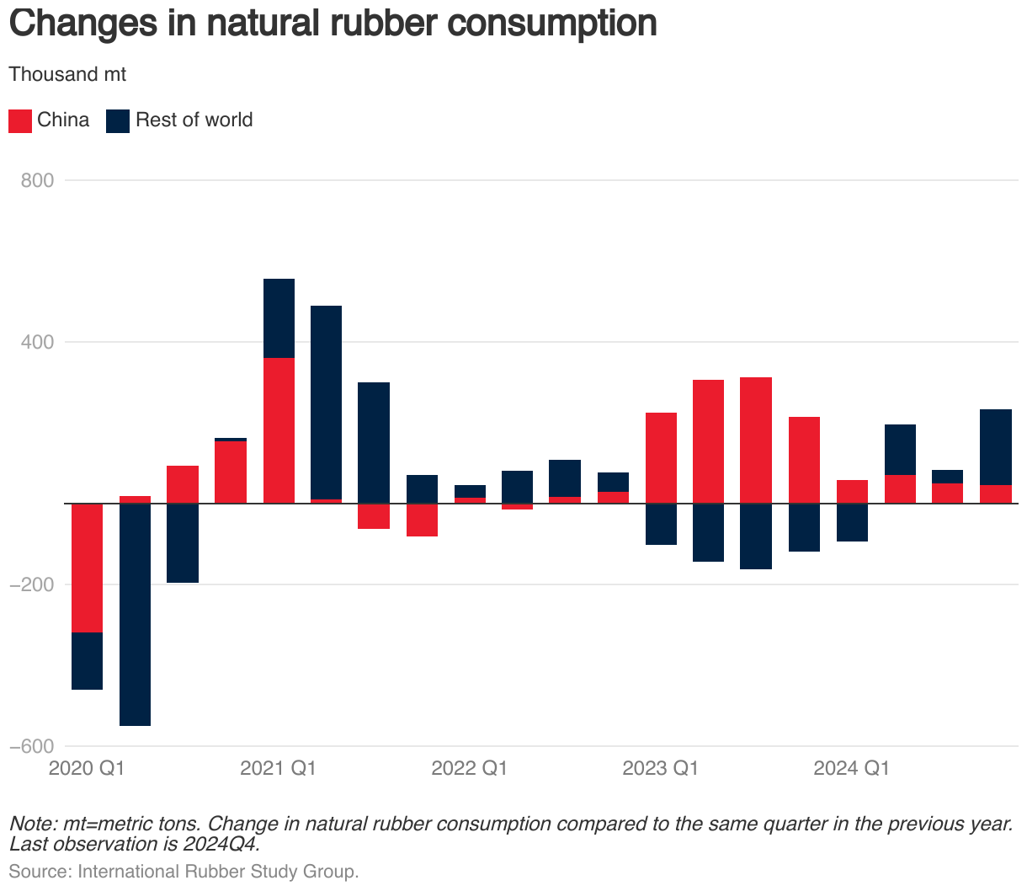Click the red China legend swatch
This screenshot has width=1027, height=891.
(20, 120)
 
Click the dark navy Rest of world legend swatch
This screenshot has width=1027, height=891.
(118, 120)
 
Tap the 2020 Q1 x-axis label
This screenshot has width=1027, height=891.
(87, 768)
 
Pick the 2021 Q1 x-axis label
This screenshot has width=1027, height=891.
(278, 768)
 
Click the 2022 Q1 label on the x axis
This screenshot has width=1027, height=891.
(469, 768)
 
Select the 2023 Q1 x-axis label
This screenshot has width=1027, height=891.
(660, 768)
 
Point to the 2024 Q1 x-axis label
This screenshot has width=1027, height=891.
(851, 768)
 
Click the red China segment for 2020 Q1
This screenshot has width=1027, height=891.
(87, 568)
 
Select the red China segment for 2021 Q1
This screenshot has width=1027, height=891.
(279, 430)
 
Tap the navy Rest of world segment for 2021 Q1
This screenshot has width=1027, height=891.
(279, 318)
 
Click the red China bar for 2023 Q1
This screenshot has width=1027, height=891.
(661, 457)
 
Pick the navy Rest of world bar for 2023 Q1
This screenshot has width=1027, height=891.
(661, 524)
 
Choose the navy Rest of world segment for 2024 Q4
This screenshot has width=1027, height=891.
(996, 446)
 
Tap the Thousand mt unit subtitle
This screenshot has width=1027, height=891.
(67, 74)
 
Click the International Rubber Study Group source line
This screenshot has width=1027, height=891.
(184, 871)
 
